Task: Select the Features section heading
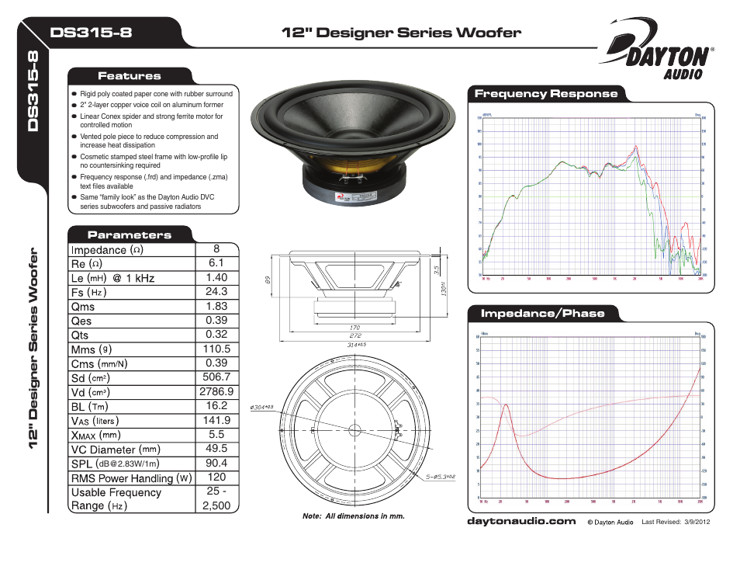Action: [x=129, y=76]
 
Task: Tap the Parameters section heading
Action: [x=129, y=234]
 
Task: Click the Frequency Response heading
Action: [x=546, y=94]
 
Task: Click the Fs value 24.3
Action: [x=216, y=292]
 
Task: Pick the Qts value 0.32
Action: [x=216, y=335]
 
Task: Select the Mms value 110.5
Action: [x=216, y=349]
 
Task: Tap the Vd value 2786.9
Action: [x=216, y=392]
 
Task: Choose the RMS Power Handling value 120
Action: [x=216, y=477]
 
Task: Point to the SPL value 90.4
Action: [x=216, y=463]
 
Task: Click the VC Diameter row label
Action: [x=116, y=449]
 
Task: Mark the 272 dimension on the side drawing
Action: [x=354, y=335]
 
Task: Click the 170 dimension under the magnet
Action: [x=354, y=328]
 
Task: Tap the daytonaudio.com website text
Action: [x=521, y=521]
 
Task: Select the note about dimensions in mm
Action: [x=353, y=516]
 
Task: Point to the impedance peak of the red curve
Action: [x=506, y=405]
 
